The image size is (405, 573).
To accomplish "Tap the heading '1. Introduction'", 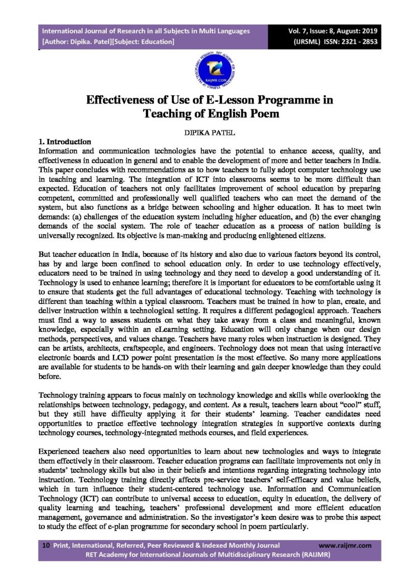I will click(x=64, y=142).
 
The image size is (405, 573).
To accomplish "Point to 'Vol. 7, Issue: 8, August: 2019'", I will click(x=333, y=31).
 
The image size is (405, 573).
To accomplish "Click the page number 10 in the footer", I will click(x=45, y=544).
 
